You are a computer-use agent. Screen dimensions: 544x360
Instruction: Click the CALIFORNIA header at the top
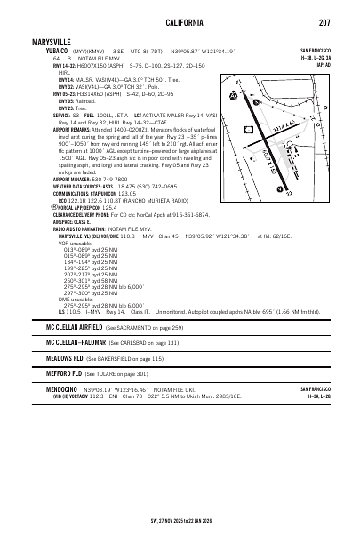(x=180, y=22)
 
